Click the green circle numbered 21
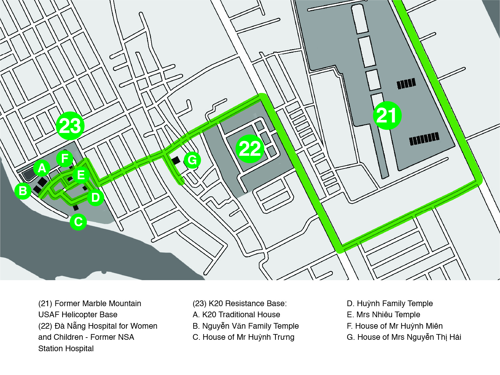pos(387,115)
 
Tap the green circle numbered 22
pos(250,149)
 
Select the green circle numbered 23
pos(70,126)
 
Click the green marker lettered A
pos(42,168)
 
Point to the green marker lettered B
pos(23,191)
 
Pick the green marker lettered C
pos(78,222)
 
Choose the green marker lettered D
pos(95,197)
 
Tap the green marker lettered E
pos(81,175)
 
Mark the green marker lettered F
pos(65,158)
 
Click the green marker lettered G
pos(192,160)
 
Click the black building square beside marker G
pos(176,160)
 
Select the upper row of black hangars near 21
pos(406,83)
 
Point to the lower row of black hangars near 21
pos(424,139)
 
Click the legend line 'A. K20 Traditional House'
pos(236,314)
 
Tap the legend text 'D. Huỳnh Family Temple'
pos(390,304)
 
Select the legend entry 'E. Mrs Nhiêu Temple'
pos(383,314)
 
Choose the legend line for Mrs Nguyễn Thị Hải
pos(404,337)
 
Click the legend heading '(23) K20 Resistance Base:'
pos(240,304)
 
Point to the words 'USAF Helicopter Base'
pos(78,315)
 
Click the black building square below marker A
pos(43,182)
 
